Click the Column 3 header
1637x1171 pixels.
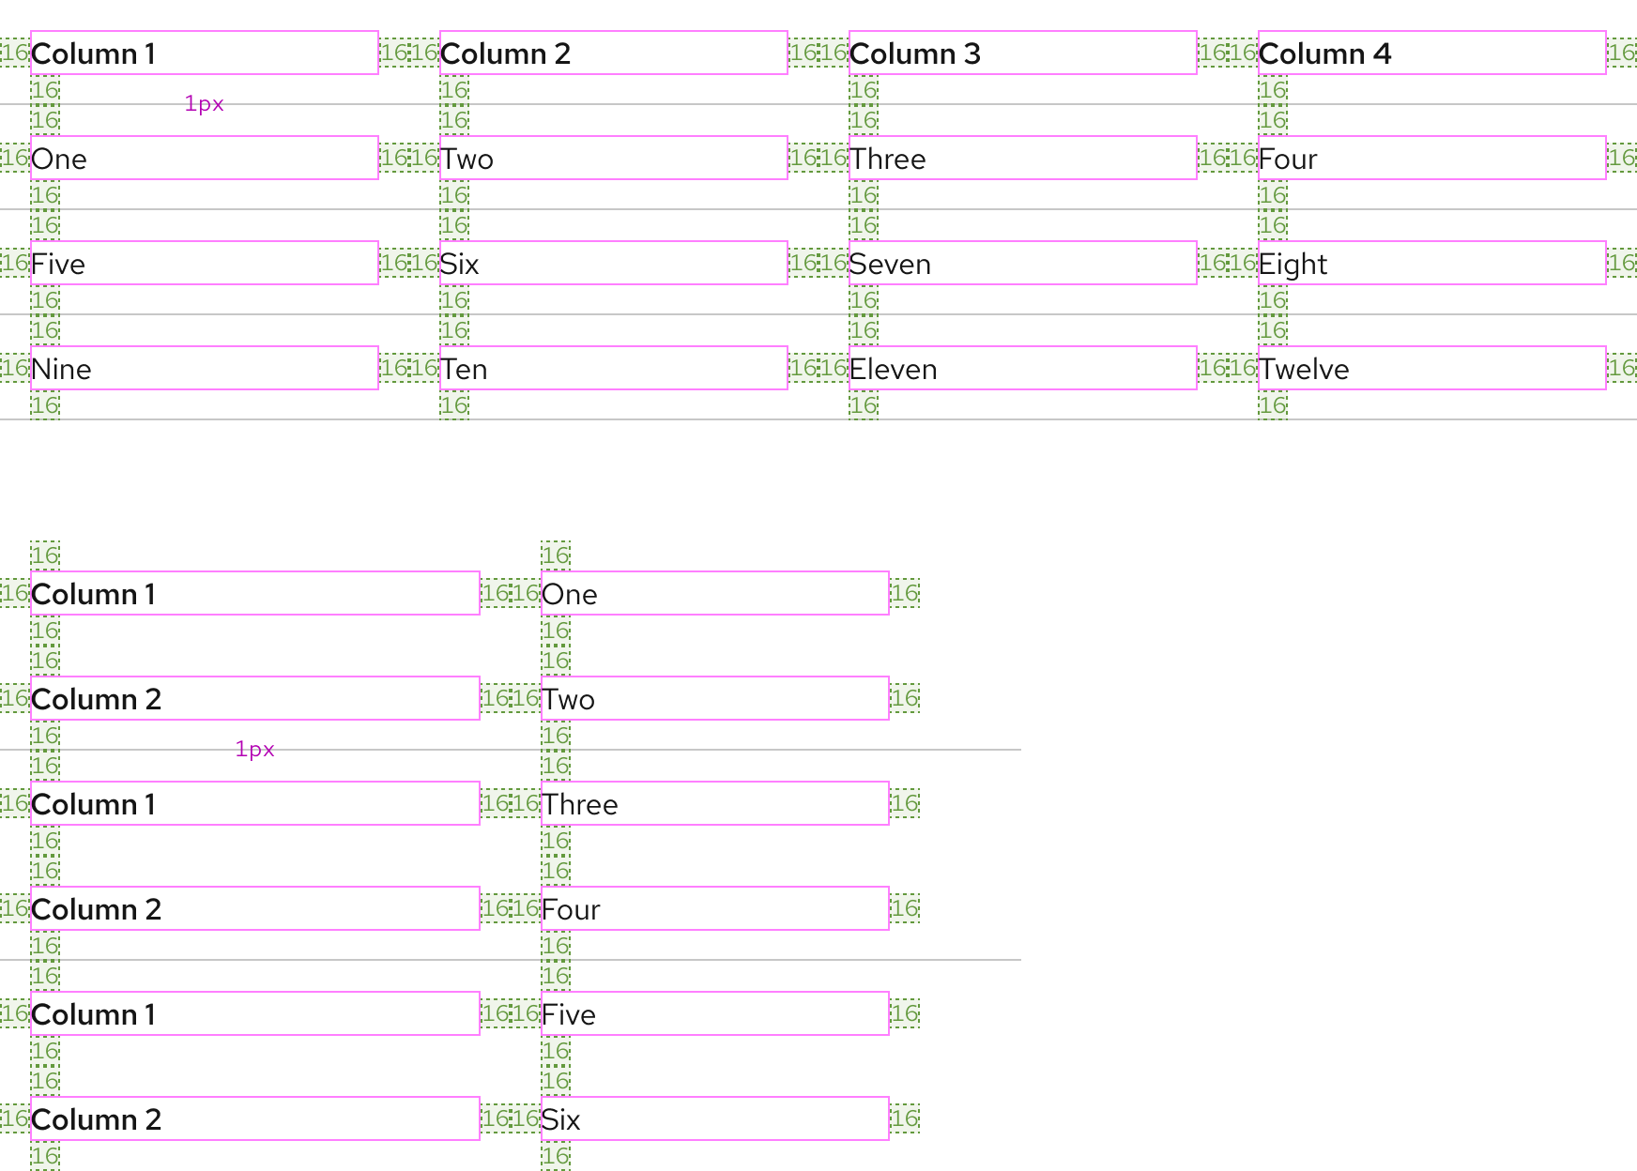coord(1022,53)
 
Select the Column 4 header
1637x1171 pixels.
coord(1431,53)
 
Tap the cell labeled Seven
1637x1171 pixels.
coord(1022,263)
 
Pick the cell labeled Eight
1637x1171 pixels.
coord(1431,263)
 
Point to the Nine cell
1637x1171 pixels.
coord(205,368)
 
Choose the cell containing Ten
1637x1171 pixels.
coord(613,368)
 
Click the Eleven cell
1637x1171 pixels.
coord(1022,368)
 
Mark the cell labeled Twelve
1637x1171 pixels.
coord(1431,368)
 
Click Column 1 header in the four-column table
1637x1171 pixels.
coord(205,53)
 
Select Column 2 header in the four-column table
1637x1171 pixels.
coord(613,53)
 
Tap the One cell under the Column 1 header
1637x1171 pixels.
coord(205,158)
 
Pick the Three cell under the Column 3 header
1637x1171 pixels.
coord(1022,158)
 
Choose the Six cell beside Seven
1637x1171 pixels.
coord(613,263)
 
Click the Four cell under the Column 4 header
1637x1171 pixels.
coord(1431,158)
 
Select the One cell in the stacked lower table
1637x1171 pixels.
coord(714,593)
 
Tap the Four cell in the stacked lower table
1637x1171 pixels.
coord(714,908)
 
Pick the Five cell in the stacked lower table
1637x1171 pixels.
coord(714,1013)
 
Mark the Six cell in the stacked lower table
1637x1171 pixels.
coord(714,1118)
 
